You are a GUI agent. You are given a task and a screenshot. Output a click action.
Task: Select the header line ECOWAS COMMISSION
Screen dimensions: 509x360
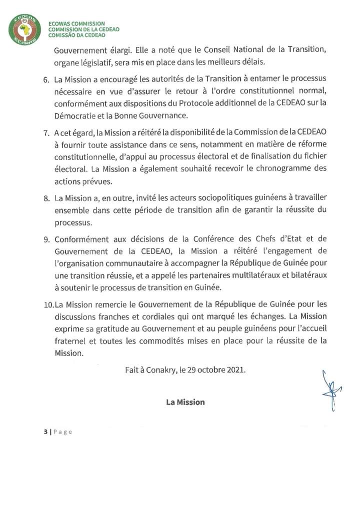[x=76, y=23]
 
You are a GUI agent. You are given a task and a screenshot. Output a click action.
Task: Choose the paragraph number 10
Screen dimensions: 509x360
[x=48, y=304]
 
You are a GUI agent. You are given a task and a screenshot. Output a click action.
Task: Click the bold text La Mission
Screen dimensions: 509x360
[x=185, y=402]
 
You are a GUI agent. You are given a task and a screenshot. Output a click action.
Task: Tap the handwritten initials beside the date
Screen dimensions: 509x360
[x=331, y=390]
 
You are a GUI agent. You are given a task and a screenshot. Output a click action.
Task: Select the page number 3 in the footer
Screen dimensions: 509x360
[x=44, y=432]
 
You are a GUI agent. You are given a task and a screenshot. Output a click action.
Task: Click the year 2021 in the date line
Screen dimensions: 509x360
[x=235, y=370]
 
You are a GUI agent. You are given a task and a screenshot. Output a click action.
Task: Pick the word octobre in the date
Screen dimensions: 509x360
[x=208, y=370]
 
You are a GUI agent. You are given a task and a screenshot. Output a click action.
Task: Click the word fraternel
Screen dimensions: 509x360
[x=70, y=340]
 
